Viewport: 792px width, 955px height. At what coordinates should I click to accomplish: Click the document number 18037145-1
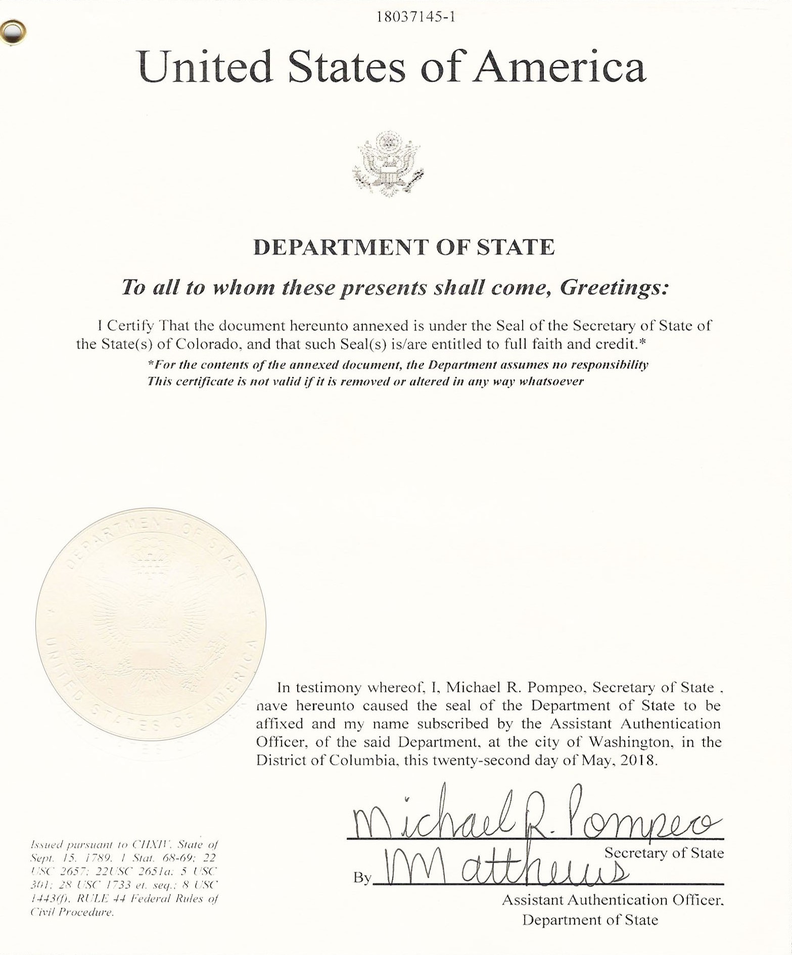(416, 17)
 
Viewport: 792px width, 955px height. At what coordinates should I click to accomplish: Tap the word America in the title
(559, 67)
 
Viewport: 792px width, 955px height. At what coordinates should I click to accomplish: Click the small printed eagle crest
(388, 163)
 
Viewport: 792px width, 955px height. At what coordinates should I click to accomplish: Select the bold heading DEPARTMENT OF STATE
(403, 247)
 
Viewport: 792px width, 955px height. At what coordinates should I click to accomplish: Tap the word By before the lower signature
(362, 878)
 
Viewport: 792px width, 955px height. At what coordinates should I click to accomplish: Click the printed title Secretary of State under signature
(664, 853)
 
